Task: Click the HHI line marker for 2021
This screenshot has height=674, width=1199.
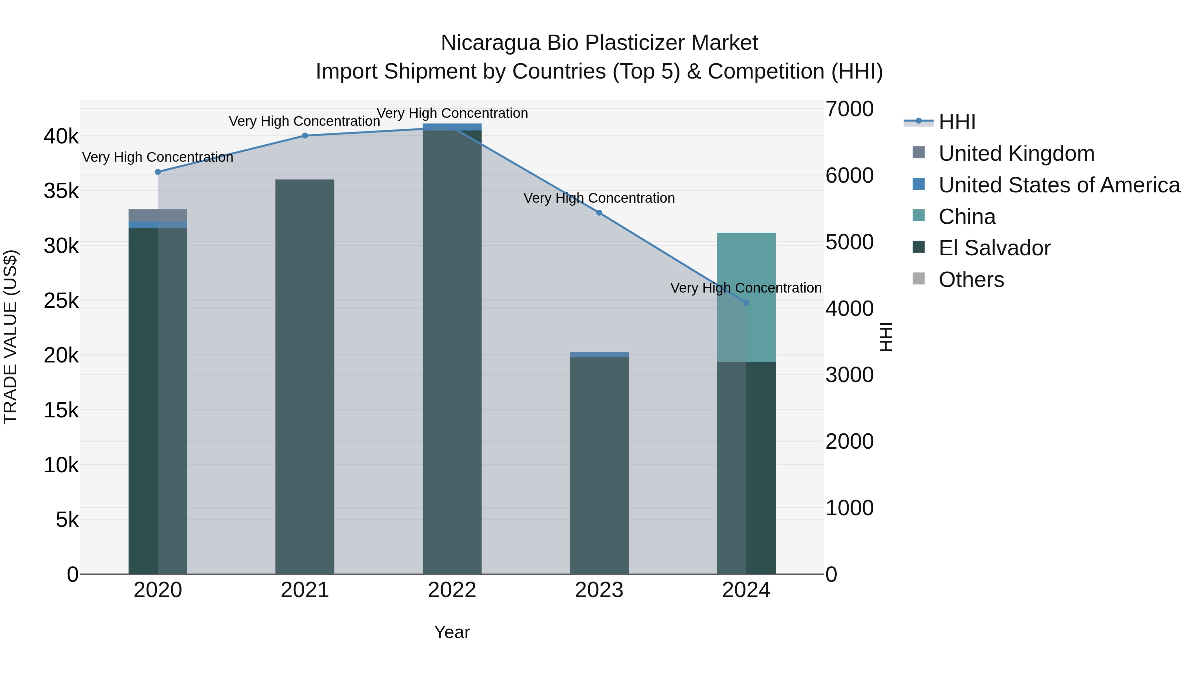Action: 305,136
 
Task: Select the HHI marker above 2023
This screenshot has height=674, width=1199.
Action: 599,213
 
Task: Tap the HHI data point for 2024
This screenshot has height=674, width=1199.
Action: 746,303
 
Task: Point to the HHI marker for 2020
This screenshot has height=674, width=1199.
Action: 158,172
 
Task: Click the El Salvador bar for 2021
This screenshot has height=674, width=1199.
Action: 305,377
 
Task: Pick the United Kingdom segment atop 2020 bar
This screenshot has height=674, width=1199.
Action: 158,216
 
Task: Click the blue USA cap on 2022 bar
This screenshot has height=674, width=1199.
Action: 452,127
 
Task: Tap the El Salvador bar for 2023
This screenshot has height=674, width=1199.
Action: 599,465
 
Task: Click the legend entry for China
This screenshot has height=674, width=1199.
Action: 967,217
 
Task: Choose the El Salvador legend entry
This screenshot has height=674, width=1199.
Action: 994,248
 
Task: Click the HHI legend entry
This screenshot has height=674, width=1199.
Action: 957,122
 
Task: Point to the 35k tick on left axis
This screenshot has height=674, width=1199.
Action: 61,191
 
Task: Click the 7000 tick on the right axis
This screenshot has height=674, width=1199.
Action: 849,109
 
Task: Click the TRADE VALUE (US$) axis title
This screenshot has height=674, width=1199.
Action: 10,337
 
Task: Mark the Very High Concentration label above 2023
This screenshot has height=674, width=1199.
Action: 599,198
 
